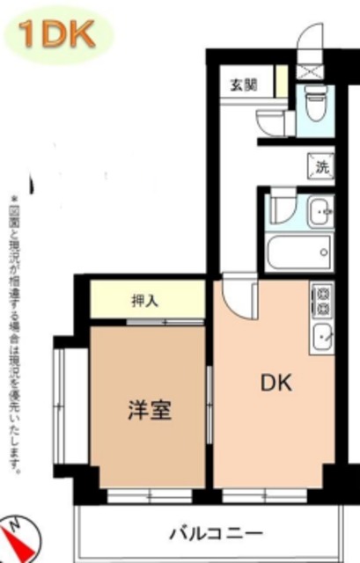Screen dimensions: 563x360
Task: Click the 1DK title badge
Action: point(60,34)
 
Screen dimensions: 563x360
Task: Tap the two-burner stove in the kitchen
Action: point(321,300)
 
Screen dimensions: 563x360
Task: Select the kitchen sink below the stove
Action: point(322,336)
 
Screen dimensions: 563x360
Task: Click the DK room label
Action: point(274,384)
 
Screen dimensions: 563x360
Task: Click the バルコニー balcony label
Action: point(215,534)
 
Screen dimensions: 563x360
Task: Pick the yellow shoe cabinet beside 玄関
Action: point(281,82)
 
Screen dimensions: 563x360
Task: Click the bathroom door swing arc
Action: point(282,208)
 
